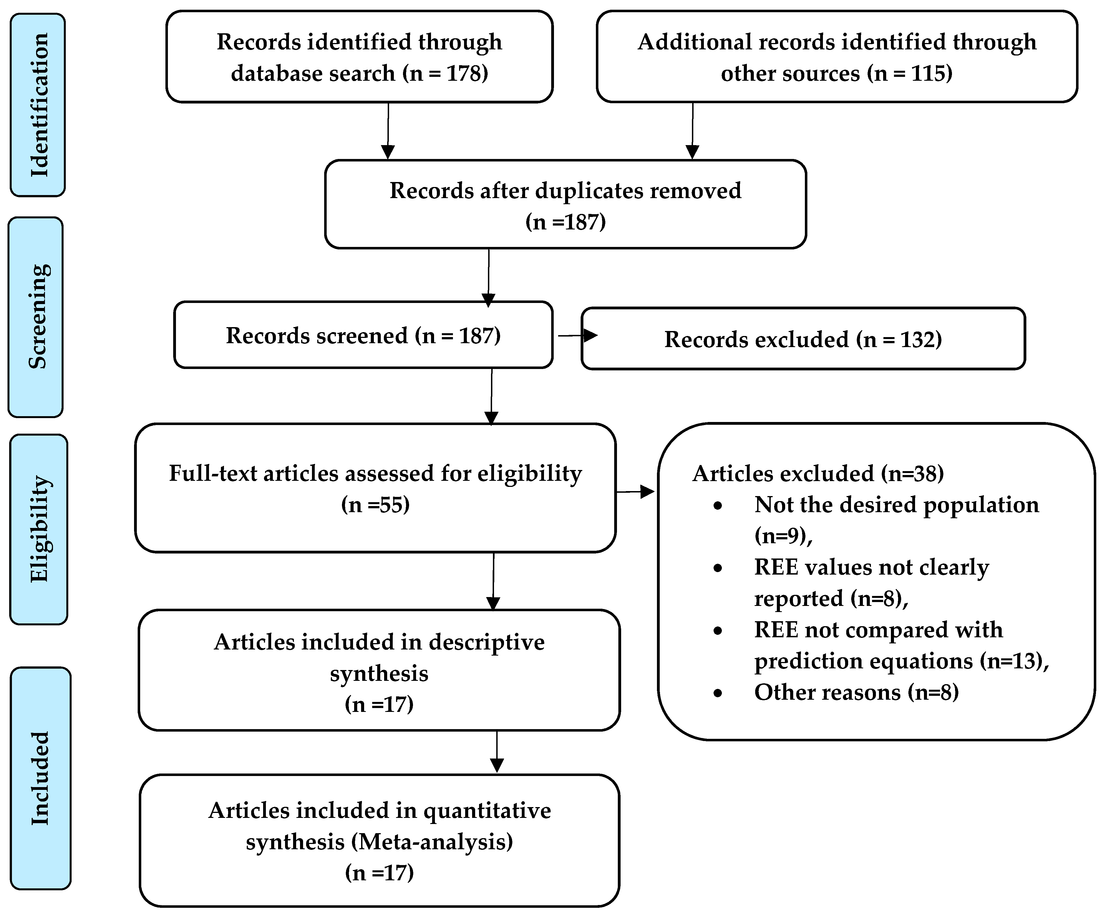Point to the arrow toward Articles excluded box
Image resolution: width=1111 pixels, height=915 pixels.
[x=635, y=492]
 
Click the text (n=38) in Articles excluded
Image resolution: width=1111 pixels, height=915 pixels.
[x=912, y=473]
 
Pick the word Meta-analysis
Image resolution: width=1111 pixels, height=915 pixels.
[x=432, y=842]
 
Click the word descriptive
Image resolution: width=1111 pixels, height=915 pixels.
[x=486, y=642]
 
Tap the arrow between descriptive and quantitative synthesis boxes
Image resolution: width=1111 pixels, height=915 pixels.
[x=497, y=752]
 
